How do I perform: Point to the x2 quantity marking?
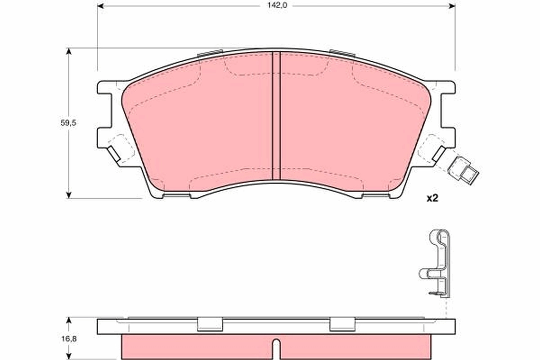point(432,198)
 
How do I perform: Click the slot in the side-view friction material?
point(276,346)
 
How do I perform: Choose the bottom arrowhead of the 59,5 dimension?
point(68,194)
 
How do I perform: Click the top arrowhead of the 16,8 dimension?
point(68,320)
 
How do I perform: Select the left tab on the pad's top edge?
point(210,53)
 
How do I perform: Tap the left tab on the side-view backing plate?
point(210,324)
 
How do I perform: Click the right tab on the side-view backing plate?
point(342,324)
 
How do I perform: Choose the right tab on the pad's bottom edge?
point(375,195)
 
